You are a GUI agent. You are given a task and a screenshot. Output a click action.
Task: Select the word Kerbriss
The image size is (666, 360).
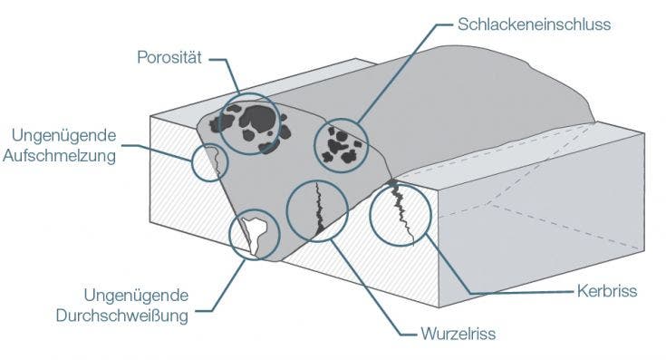tap(607, 292)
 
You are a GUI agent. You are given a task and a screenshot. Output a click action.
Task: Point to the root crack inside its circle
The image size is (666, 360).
tap(318, 209)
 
